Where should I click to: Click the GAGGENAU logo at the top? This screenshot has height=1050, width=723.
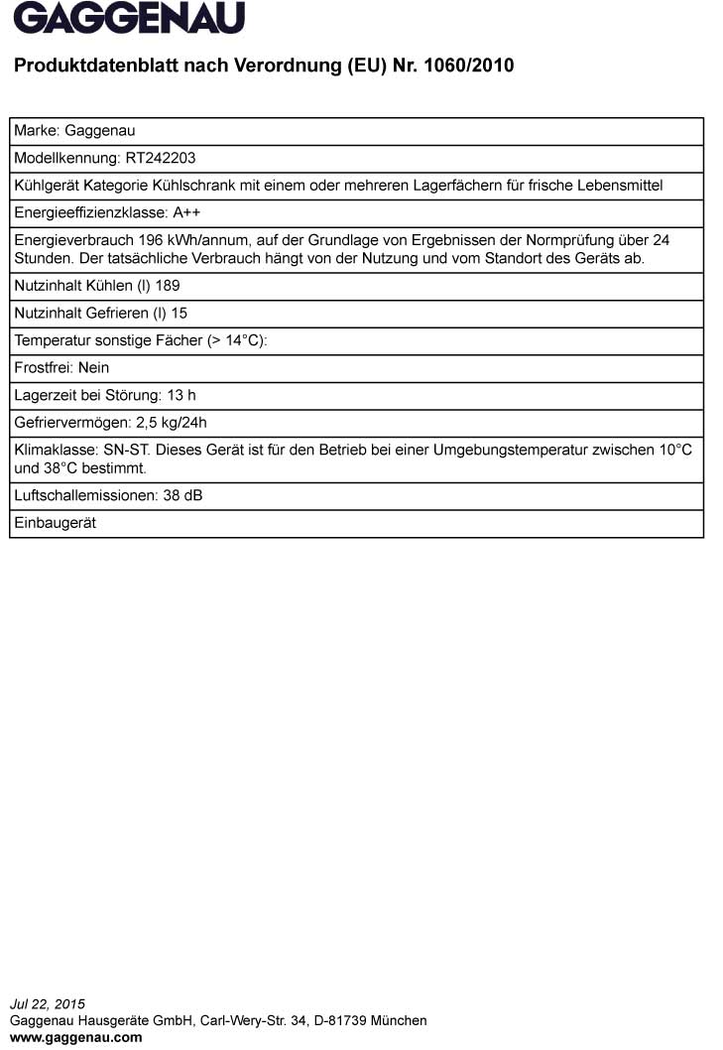tap(129, 19)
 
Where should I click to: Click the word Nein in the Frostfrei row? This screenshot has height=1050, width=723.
tap(93, 368)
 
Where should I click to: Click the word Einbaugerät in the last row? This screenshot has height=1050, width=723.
tap(55, 523)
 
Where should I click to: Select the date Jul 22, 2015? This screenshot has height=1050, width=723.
tap(48, 1004)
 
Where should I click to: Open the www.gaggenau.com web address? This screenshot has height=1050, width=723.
tap(75, 1037)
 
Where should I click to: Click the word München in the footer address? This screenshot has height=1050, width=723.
tap(400, 1020)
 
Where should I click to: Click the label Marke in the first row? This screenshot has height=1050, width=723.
tap(36, 130)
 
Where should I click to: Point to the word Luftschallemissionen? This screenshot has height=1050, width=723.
tap(85, 495)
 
